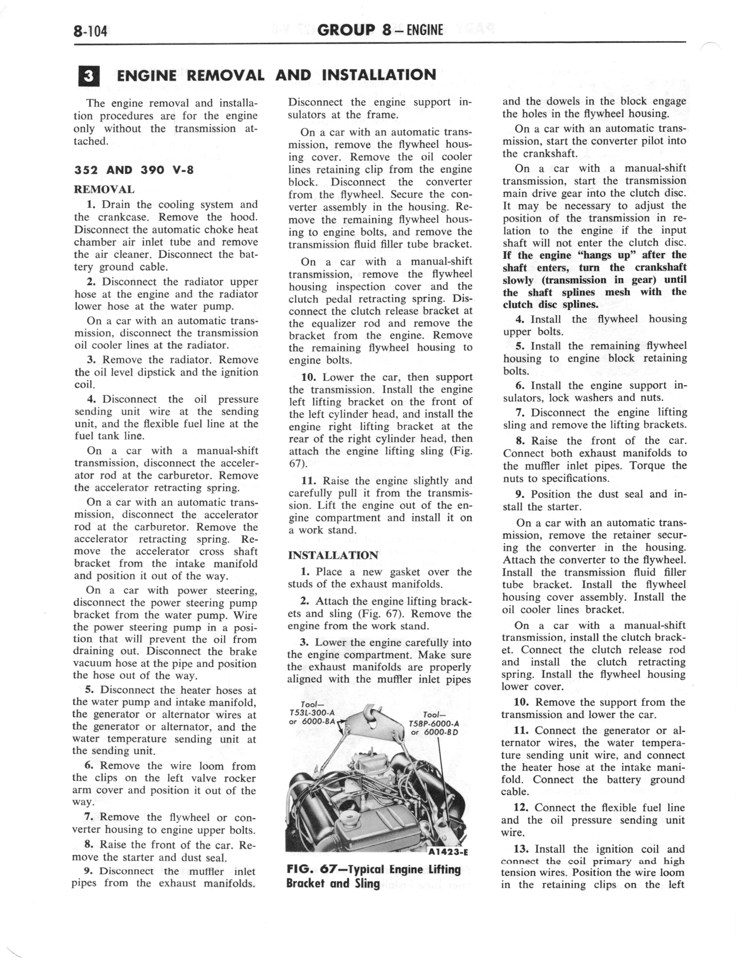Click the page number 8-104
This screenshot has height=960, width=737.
tap(90, 32)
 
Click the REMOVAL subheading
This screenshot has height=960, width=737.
tap(104, 190)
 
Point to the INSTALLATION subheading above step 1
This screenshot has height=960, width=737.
tap(333, 555)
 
